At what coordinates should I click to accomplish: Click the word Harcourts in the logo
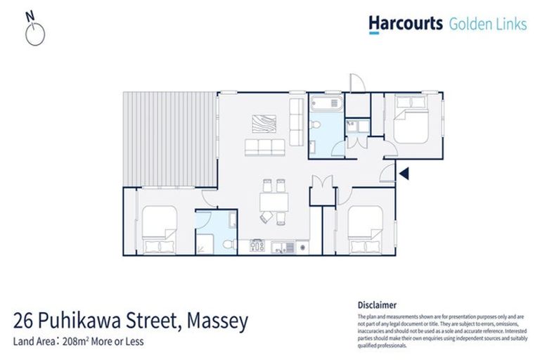[x=406, y=24]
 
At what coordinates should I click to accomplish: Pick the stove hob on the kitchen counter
[x=257, y=246]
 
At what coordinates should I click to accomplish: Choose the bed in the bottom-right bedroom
[x=364, y=229]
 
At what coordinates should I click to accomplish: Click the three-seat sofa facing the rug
[x=264, y=147]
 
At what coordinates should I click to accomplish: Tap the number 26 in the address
[x=25, y=322]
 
